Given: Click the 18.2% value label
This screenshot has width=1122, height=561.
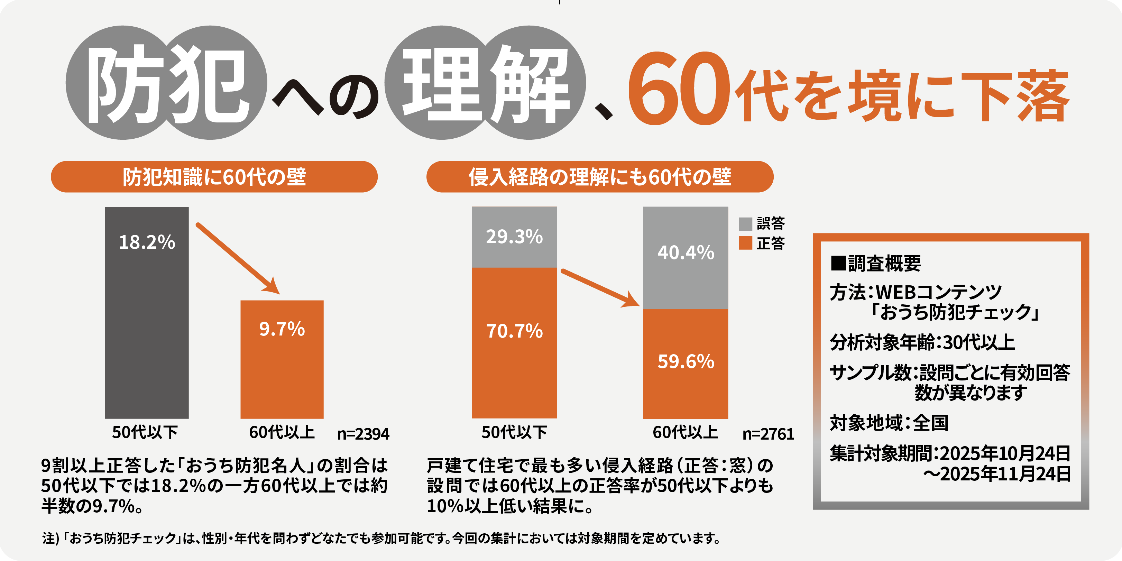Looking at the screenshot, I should coord(147,242).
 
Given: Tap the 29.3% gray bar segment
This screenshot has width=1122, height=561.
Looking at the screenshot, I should coord(514,237).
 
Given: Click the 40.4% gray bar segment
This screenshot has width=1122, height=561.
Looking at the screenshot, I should coord(686,258).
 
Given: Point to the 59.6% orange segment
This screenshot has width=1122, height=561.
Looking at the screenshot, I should coord(686,364).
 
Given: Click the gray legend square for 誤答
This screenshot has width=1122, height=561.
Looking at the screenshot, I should coord(745,224).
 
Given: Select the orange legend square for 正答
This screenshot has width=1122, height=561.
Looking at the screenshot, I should coord(745,243).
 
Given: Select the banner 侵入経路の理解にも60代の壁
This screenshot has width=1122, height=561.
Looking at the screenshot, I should coord(599,177).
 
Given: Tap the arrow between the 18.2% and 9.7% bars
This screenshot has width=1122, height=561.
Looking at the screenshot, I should coord(237,258).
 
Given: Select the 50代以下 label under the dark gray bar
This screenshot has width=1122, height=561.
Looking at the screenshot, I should coord(145,433).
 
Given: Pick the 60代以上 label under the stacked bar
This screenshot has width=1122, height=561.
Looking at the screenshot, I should coord(685,433).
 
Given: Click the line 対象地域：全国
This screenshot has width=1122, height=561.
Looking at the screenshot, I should coord(889,423).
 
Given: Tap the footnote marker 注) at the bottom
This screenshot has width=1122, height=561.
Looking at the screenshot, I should coord(50,539).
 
